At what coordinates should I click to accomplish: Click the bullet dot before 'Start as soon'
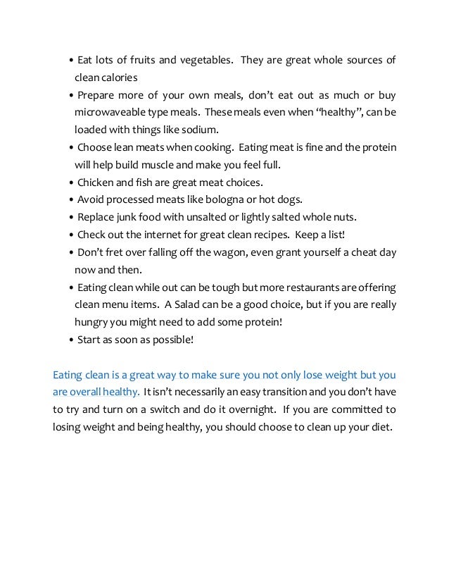(x=72, y=340)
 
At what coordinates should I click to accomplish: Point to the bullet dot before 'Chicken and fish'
(x=72, y=183)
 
